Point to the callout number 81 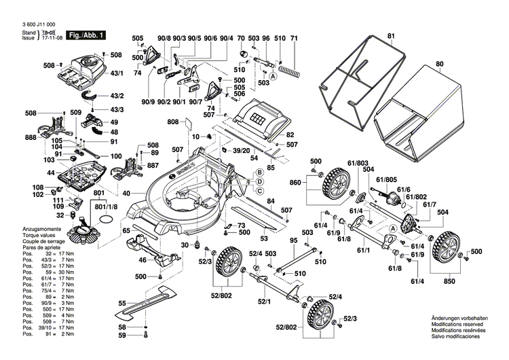391,35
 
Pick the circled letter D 259,183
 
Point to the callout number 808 173,122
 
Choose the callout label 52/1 264,302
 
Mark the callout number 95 294,241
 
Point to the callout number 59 122,336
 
